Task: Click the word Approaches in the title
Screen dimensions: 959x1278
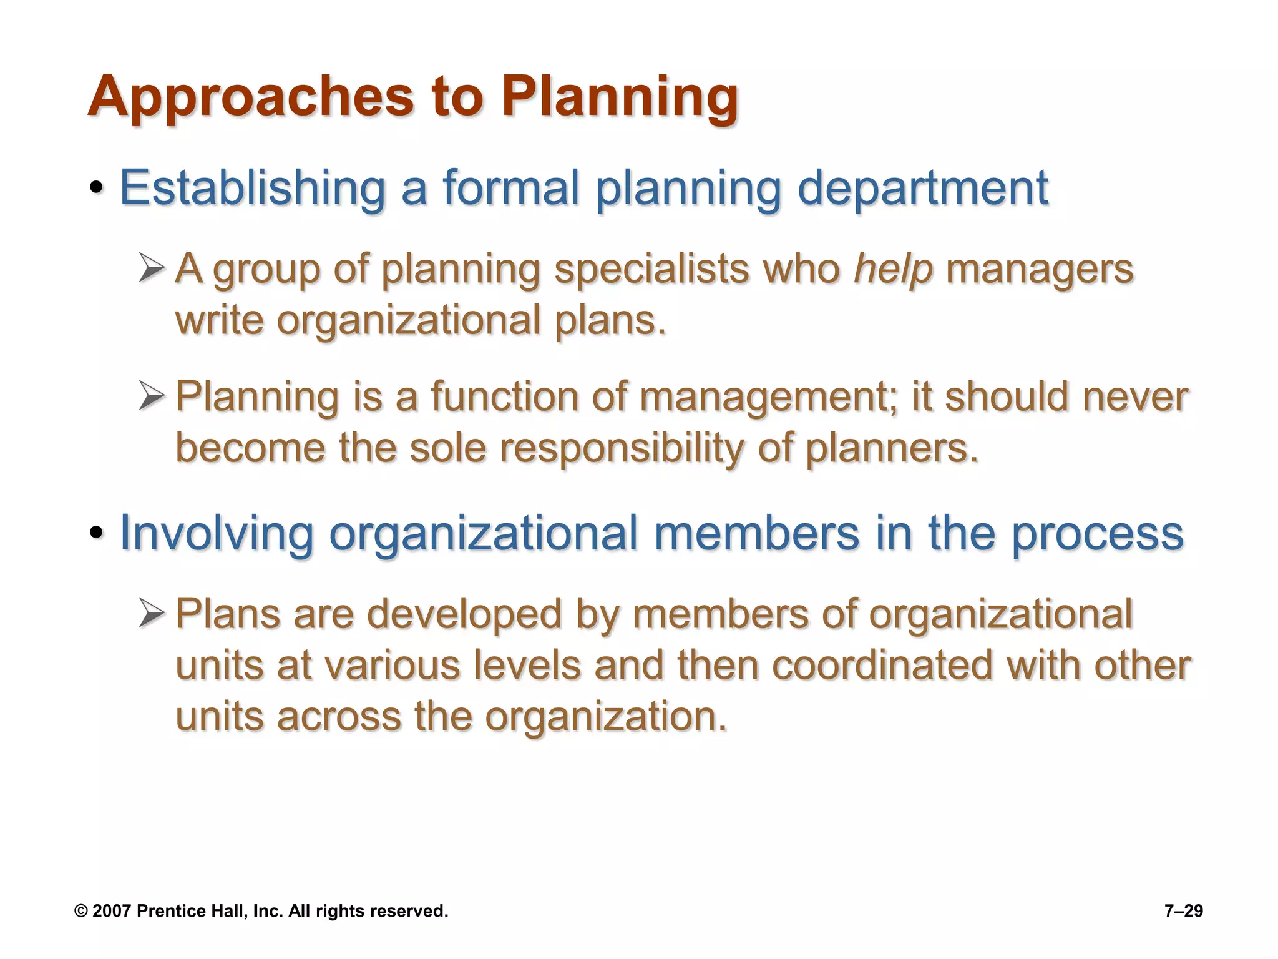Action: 250,97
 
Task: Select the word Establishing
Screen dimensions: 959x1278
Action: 252,188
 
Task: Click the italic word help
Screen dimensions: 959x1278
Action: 893,270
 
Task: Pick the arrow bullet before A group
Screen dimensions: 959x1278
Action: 152,268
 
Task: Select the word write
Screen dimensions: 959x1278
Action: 219,320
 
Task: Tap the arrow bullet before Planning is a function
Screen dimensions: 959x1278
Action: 152,396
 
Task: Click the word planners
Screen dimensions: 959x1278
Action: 891,448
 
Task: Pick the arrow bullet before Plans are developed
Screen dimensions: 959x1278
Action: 152,613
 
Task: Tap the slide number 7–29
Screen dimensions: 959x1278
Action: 1183,911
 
